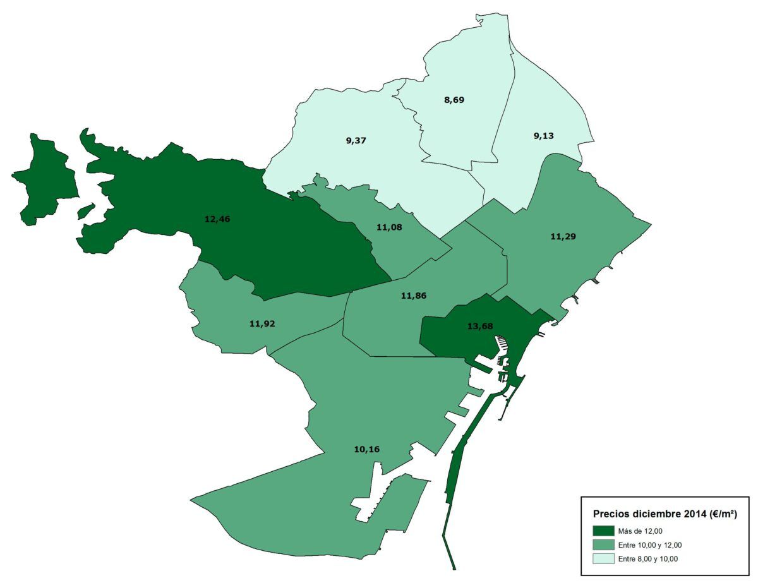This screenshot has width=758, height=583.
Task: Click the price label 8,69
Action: point(454,100)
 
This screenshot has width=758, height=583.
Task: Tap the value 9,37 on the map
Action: point(356,140)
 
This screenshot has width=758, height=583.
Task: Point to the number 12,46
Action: point(217,219)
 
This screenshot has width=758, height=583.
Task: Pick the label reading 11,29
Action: point(563,236)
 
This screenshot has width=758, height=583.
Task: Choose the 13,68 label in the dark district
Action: point(480,326)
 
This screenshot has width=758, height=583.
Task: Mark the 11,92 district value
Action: point(262,323)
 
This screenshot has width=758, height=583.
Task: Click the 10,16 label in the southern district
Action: point(366,449)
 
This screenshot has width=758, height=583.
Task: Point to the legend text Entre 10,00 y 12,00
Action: point(650,545)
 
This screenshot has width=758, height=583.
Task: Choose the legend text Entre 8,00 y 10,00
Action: point(648,558)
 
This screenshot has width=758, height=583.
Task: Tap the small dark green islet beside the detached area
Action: point(86,211)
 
